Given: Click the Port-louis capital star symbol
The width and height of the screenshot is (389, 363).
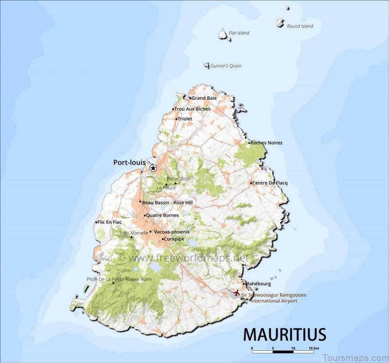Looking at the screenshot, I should click(x=153, y=168).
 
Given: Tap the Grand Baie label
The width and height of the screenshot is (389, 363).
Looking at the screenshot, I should click(x=204, y=98).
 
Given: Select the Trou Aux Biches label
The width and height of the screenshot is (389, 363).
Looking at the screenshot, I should click(x=192, y=109).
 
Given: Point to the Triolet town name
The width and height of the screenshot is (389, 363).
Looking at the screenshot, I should click(x=185, y=119).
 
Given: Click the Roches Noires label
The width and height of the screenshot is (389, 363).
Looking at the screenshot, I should click(x=266, y=143).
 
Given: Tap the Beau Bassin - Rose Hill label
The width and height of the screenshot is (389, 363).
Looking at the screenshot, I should click(x=167, y=202).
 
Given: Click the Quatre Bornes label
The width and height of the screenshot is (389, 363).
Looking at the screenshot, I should click(x=162, y=215).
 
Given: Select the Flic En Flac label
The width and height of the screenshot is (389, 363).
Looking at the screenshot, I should click(x=109, y=222).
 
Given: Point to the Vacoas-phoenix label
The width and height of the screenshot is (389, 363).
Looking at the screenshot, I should click(x=172, y=232).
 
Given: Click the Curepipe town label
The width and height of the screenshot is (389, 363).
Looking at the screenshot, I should click(x=175, y=239).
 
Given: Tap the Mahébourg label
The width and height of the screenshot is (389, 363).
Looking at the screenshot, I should click(x=258, y=284).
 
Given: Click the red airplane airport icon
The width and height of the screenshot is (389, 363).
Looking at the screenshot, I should click(x=237, y=293).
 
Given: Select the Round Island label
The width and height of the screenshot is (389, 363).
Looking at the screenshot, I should click(x=300, y=26).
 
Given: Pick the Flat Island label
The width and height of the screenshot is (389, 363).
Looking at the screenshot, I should click(x=239, y=33).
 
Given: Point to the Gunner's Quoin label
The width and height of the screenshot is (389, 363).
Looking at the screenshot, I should click(x=226, y=66).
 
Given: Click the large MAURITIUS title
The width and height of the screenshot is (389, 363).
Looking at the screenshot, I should click(x=284, y=335).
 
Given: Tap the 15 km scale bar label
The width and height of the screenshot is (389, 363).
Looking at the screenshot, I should click(x=314, y=348).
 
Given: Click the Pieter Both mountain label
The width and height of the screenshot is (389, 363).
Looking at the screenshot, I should click(x=179, y=179).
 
